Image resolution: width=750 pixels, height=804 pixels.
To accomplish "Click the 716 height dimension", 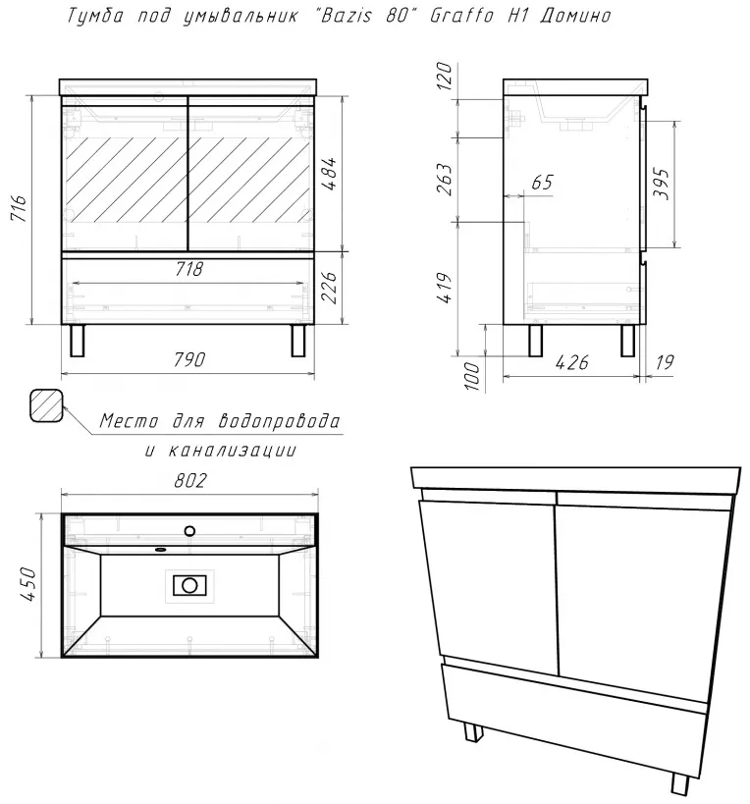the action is [x=19, y=207].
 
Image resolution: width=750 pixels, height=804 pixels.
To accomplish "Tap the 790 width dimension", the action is [x=189, y=360].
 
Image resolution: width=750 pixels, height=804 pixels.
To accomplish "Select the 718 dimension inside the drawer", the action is [x=189, y=269].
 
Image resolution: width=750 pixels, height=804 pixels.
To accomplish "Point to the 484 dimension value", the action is [x=330, y=174].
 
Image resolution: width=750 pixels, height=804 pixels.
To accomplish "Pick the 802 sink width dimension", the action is [x=189, y=480].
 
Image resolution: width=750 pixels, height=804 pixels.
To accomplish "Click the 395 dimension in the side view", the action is [x=662, y=183].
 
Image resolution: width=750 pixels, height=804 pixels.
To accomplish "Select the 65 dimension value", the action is [x=543, y=182].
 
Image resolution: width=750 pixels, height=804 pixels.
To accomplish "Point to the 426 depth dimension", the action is [x=572, y=362].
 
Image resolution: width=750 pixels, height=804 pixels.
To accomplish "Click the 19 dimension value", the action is [x=665, y=362].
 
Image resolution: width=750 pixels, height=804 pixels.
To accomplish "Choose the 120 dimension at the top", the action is [x=445, y=76].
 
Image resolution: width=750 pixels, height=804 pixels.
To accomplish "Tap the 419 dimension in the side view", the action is [x=445, y=289].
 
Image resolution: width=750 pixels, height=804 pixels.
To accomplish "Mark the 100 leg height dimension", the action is [x=474, y=376].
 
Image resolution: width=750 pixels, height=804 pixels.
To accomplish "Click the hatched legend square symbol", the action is [x=46, y=405].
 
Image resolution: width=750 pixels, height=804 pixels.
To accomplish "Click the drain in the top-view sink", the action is [x=189, y=585].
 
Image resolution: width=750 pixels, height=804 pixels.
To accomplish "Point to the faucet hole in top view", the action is [x=189, y=531].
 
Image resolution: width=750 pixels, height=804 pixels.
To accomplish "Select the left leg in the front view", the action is [x=77, y=340].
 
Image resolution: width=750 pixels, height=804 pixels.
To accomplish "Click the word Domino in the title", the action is [x=575, y=16].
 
